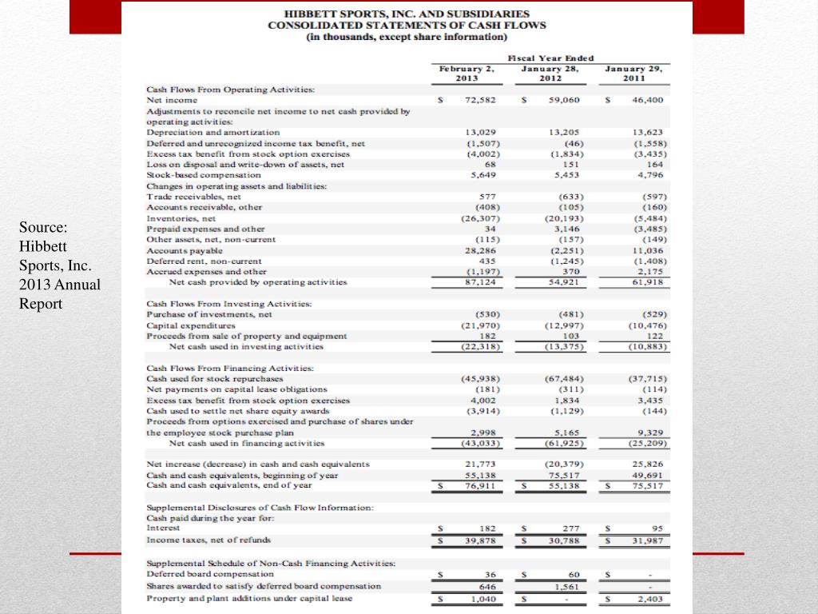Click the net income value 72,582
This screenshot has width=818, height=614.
tap(480, 100)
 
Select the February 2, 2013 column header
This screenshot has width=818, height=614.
tap(467, 74)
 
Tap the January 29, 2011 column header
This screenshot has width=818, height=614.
tap(633, 74)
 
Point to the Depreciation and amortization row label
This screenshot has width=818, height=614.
tap(213, 132)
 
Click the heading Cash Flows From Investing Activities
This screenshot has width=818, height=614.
tap(229, 304)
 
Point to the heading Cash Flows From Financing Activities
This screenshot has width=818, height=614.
tap(230, 368)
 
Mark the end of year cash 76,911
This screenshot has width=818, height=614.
tap(481, 484)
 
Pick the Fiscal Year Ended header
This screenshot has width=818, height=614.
tap(550, 58)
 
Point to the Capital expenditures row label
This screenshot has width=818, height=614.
tap(191, 325)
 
